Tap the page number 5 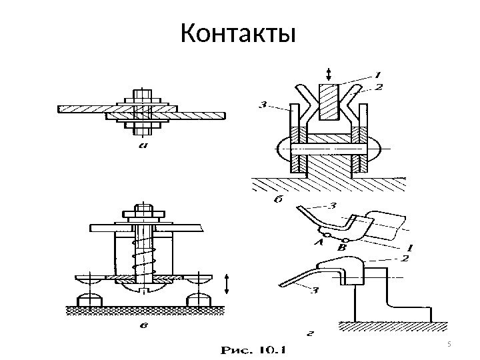coord(449,344)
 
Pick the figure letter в coord(143,325)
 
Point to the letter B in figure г coord(343,247)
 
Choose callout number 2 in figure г coord(405,257)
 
